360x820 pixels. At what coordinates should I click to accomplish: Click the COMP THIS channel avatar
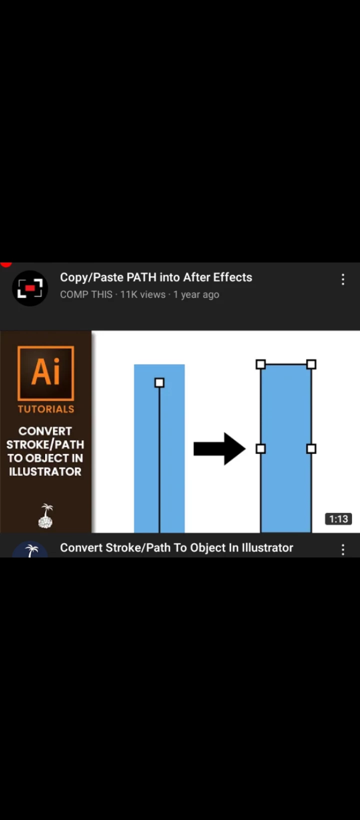pos(30,288)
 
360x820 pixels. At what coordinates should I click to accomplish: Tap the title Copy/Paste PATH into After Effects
pos(156,277)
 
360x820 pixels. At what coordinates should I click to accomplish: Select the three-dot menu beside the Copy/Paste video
pos(343,279)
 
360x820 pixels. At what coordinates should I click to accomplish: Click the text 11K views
pos(143,294)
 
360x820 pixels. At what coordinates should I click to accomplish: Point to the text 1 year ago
pos(196,294)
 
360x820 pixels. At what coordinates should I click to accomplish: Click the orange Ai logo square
pos(46,373)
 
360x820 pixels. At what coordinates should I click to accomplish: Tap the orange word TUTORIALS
pos(46,409)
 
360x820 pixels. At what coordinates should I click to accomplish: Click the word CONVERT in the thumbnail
pos(45,431)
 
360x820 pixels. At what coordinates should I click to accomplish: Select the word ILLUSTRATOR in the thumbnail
pos(45,471)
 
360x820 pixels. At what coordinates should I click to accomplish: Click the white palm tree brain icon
pos(46,516)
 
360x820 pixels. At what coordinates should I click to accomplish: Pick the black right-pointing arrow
pos(219,449)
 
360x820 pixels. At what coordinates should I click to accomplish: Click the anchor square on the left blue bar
pos(159,382)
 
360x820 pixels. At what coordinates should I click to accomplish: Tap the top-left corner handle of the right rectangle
pos(261,364)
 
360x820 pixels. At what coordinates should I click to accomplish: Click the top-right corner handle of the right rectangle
pos(311,364)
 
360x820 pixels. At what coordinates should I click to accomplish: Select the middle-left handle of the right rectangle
pos(261,449)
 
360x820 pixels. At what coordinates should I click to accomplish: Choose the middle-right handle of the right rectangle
pos(311,449)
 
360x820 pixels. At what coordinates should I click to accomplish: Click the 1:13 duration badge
pos(338,518)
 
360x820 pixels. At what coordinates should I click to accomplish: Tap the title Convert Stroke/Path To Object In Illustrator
pos(176,547)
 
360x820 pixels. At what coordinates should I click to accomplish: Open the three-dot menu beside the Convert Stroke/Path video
pos(343,549)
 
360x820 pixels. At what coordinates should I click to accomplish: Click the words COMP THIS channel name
pos(86,294)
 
